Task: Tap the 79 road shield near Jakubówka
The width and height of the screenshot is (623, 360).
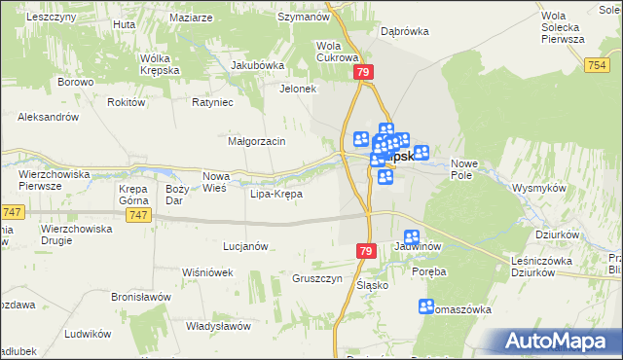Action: [364, 72]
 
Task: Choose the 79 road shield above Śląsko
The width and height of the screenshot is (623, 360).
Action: [365, 251]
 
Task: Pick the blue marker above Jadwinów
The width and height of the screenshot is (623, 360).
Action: [412, 236]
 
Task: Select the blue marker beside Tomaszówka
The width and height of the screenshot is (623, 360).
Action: [425, 306]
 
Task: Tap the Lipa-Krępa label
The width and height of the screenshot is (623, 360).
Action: [276, 194]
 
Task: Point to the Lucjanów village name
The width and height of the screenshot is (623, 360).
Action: [245, 247]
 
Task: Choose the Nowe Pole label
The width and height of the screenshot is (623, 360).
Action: [461, 170]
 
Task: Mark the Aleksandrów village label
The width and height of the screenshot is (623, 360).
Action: [48, 117]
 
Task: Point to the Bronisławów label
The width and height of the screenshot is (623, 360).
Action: [141, 297]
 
